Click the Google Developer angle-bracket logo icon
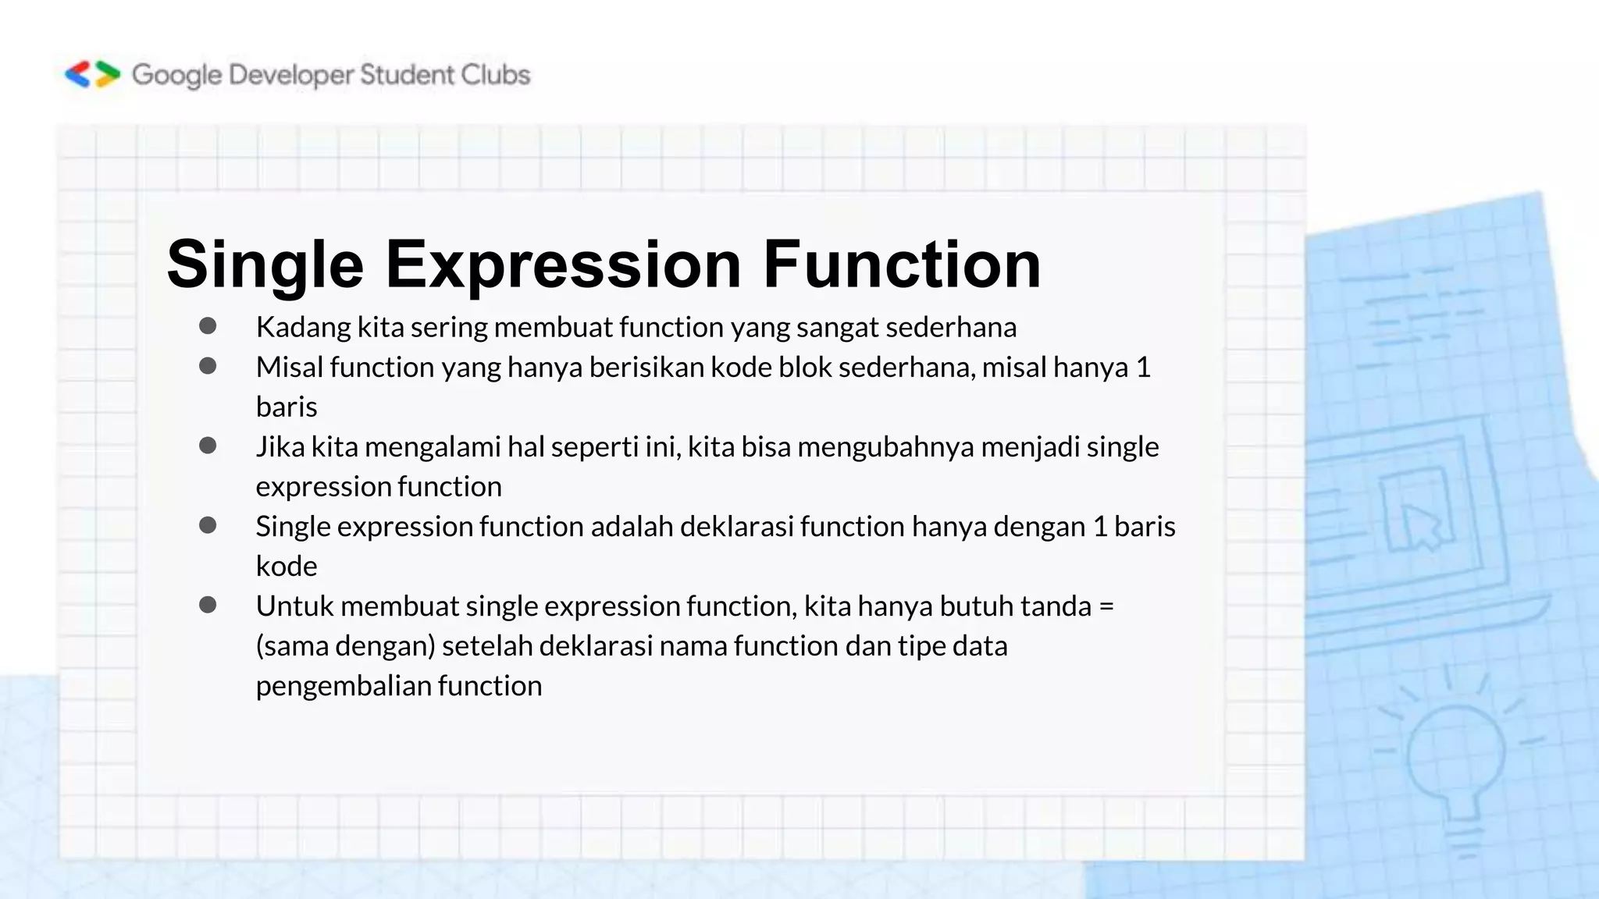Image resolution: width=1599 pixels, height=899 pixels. click(92, 75)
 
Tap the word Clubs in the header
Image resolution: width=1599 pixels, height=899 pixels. click(495, 75)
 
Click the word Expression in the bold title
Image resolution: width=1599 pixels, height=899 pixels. click(563, 265)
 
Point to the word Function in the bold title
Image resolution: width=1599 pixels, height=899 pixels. click(902, 264)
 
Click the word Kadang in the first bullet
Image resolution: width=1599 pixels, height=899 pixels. click(304, 328)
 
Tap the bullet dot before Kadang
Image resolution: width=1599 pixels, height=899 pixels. click(208, 326)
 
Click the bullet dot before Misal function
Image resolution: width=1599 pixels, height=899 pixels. click(208, 366)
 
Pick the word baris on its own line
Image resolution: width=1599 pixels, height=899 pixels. click(287, 407)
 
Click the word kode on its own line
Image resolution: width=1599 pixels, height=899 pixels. click(287, 567)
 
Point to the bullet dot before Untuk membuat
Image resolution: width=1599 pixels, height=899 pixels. click(208, 605)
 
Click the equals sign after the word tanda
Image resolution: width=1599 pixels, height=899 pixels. click(1106, 606)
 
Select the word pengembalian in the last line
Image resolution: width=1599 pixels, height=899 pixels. click(344, 686)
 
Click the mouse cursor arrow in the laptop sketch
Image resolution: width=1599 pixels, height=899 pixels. click(1421, 525)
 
